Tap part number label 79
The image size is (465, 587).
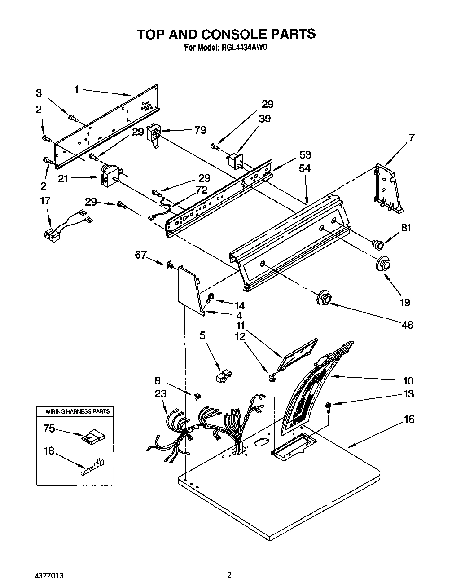click(x=200, y=130)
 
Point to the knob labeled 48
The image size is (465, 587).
click(x=324, y=297)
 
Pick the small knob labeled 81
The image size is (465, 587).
click(x=378, y=244)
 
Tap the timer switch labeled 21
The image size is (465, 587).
click(x=110, y=176)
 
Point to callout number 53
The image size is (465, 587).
click(x=305, y=155)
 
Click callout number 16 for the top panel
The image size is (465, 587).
click(x=408, y=419)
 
